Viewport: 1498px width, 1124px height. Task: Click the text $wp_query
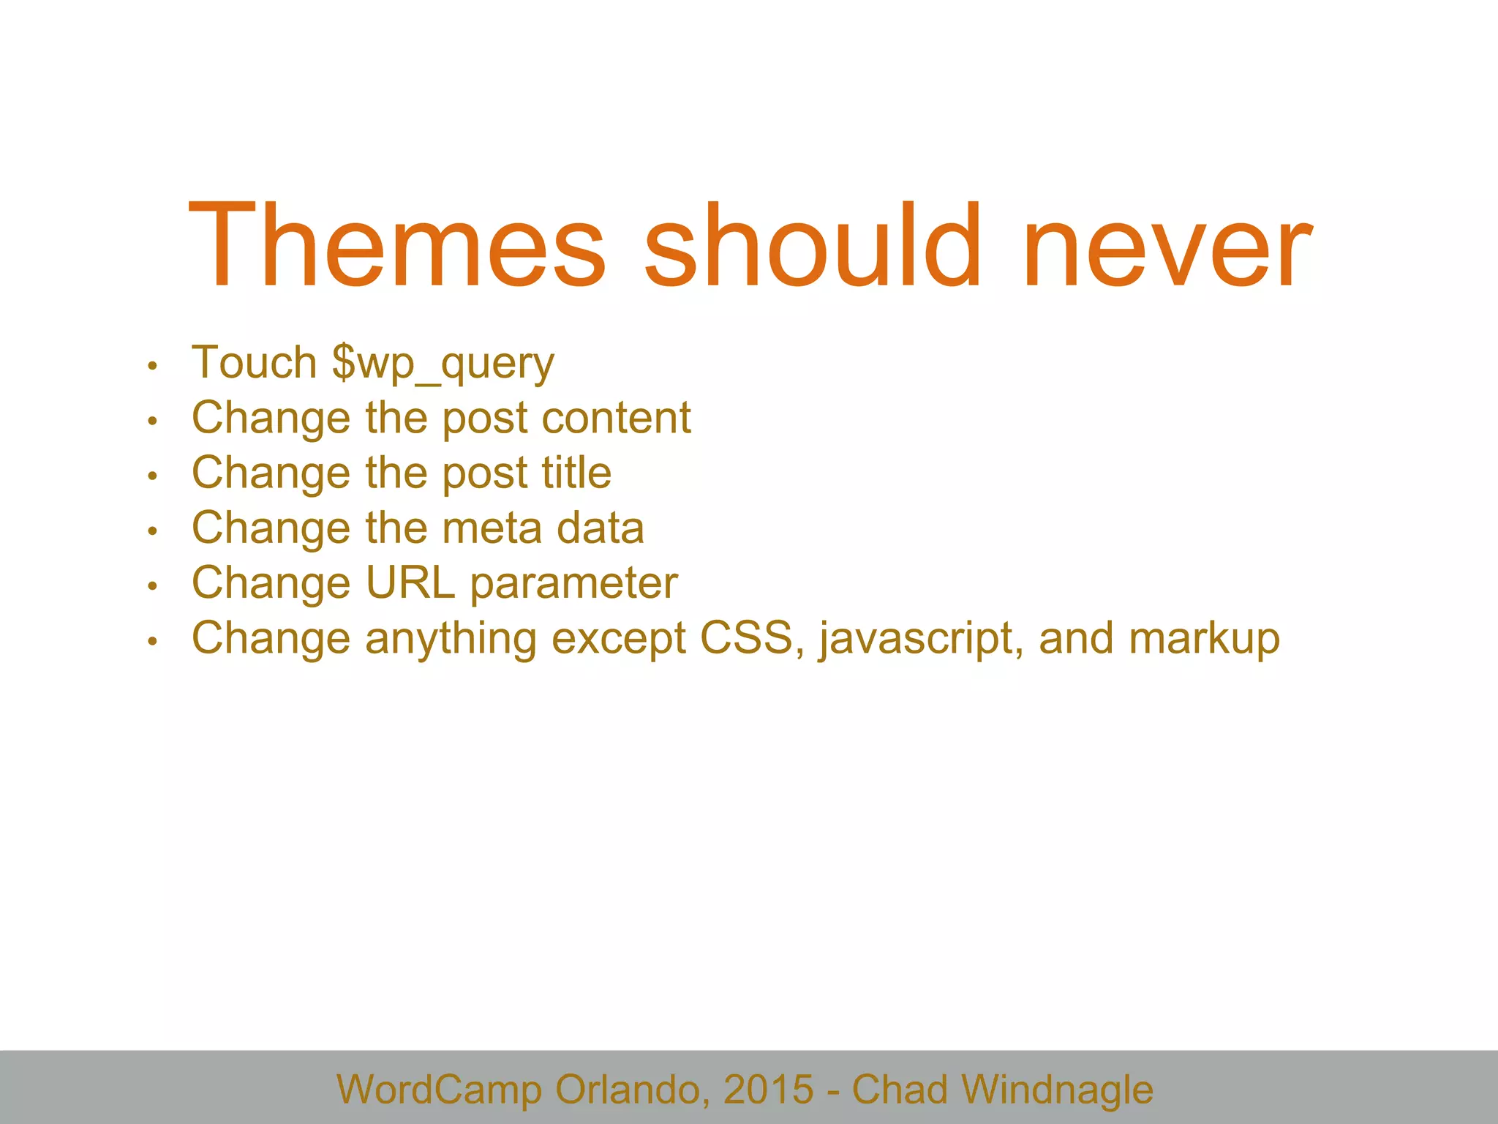443,364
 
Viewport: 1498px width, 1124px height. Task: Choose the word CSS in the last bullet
747,638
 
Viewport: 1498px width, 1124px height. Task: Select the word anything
451,640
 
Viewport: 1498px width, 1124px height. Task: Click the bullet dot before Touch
152,366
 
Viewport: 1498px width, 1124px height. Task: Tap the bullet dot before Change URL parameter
152,586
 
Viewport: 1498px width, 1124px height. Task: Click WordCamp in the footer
439,1090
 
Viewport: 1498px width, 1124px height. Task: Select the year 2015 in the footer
768,1090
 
